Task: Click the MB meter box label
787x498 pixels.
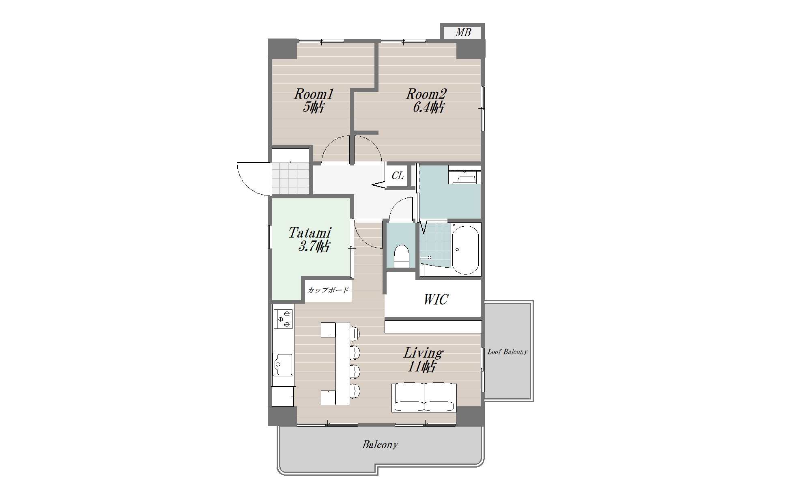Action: [x=462, y=32]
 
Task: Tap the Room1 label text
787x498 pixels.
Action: [x=314, y=94]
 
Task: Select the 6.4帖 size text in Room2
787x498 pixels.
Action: [x=428, y=107]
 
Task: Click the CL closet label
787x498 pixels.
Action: [x=398, y=176]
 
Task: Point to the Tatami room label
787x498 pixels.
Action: [x=310, y=233]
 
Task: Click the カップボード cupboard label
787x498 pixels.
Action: [x=328, y=290]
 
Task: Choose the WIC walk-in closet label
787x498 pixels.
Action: [x=436, y=299]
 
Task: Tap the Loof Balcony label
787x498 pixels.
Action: [x=507, y=352]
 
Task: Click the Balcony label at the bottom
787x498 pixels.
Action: [x=380, y=444]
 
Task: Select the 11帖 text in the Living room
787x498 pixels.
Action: [x=422, y=367]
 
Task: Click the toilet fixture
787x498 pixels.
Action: [x=402, y=256]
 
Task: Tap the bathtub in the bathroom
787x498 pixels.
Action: [x=465, y=249]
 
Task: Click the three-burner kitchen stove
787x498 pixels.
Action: [x=283, y=319]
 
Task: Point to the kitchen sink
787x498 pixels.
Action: [x=283, y=364]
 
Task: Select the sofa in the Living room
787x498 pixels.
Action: [x=424, y=397]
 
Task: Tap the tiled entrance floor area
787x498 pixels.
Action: [x=290, y=178]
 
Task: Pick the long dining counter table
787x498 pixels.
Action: [x=343, y=363]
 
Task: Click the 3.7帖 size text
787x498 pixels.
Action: [x=314, y=246]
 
